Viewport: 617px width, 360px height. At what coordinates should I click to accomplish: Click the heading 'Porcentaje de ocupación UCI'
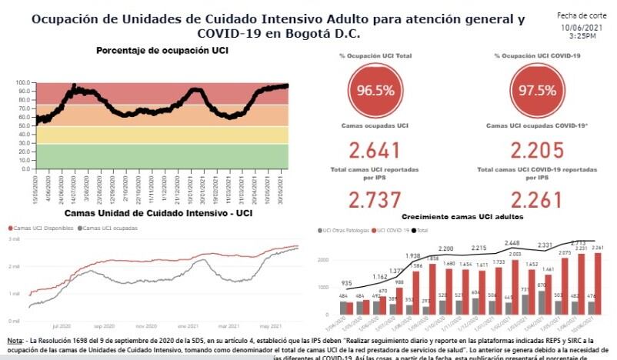tap(162, 51)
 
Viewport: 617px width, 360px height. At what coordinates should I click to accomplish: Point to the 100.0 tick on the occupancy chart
tap(23, 82)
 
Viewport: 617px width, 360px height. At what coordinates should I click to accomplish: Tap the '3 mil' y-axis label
tap(14, 239)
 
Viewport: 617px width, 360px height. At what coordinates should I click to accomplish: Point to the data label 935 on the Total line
tap(348, 284)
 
